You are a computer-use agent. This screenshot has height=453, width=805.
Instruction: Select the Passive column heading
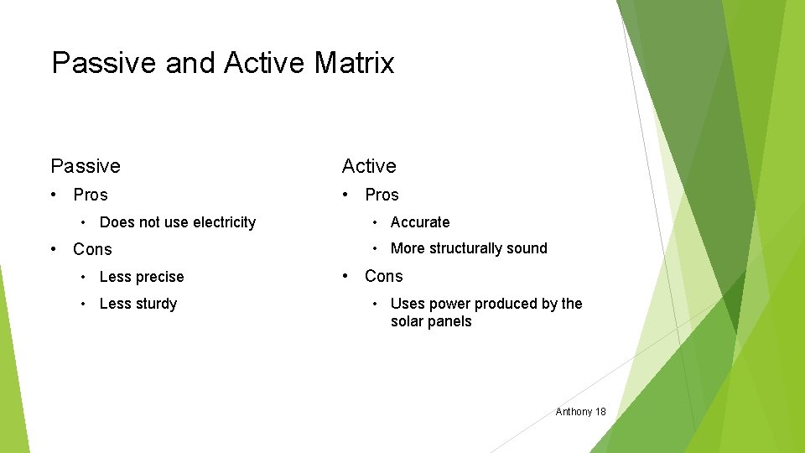click(x=86, y=166)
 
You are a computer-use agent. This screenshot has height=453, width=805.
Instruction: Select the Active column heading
click(x=368, y=166)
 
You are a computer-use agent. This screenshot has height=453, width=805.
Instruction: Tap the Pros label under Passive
click(x=91, y=195)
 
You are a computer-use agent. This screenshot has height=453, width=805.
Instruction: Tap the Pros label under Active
click(x=382, y=195)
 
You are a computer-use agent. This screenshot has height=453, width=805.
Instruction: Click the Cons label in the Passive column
click(x=92, y=249)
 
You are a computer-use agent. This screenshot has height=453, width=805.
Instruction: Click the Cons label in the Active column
click(x=383, y=276)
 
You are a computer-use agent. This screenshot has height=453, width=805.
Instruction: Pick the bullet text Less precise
click(x=142, y=277)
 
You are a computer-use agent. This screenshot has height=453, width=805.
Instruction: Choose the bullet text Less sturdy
click(x=138, y=304)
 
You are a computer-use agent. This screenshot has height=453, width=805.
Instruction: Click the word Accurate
click(x=420, y=222)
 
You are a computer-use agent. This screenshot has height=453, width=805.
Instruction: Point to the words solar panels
click(x=431, y=322)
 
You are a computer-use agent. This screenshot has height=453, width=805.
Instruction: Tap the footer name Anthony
click(x=574, y=412)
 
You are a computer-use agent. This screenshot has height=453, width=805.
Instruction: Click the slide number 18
click(x=600, y=412)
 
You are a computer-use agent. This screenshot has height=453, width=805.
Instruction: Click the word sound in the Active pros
click(x=527, y=248)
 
